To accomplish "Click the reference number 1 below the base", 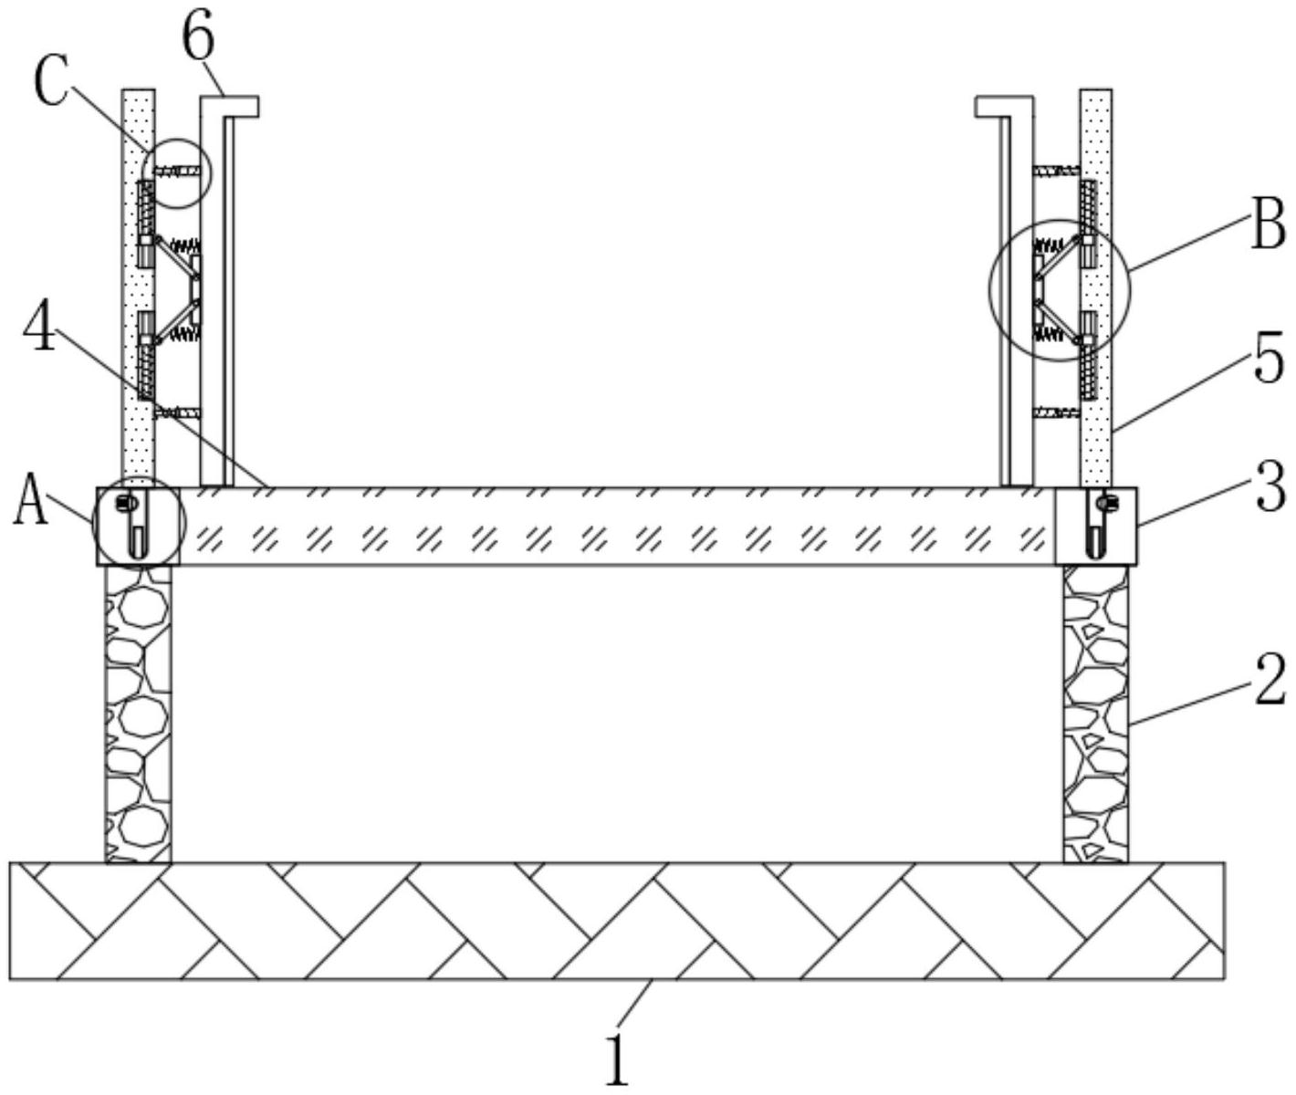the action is tap(618, 1058).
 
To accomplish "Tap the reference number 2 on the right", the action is tap(1269, 679).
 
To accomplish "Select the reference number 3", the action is tap(1270, 487).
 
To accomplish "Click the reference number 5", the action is tap(1270, 360).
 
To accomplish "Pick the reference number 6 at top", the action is tap(198, 38).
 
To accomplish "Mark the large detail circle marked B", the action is tap(1060, 290).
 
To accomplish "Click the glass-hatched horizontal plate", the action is tap(617, 527).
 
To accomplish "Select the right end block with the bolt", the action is tap(1096, 527).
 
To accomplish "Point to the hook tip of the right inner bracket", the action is tap(988, 107).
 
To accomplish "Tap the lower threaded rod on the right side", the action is tap(1056, 413).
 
